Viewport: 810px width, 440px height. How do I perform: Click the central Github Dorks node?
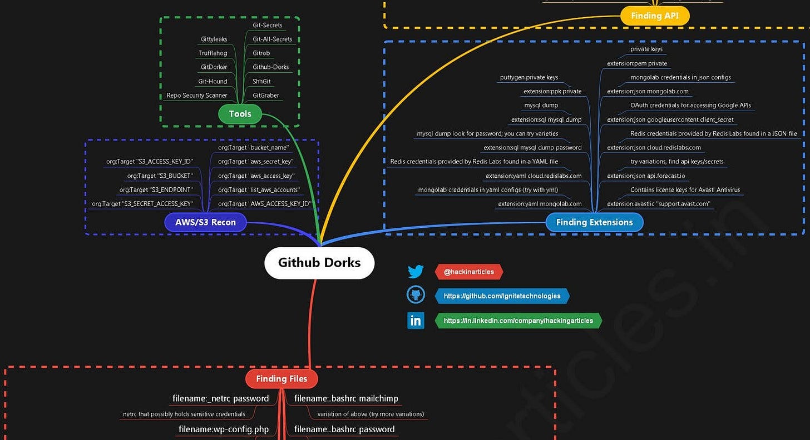tap(319, 263)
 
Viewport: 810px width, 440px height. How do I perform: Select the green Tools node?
tap(240, 114)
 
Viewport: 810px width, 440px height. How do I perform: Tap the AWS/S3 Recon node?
tap(205, 222)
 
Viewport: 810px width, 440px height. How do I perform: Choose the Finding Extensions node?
tap(594, 222)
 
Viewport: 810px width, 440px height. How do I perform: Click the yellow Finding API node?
tap(655, 16)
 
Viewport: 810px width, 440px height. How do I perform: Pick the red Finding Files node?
tap(281, 379)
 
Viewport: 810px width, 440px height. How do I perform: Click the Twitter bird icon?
tap(416, 272)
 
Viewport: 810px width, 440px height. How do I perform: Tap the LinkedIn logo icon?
tap(416, 321)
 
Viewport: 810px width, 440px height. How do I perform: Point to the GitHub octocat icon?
tap(416, 296)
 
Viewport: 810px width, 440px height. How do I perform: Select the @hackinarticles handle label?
tap(468, 272)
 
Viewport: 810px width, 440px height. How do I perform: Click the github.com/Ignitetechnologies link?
tap(502, 296)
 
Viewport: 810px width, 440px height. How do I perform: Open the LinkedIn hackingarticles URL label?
tap(518, 321)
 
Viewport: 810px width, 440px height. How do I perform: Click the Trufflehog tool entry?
tap(213, 53)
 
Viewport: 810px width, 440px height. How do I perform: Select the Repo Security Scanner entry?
tap(196, 96)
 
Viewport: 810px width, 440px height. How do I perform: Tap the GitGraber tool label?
tap(266, 96)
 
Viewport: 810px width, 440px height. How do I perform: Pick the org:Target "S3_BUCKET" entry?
tap(160, 176)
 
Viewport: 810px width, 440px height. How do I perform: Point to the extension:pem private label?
tap(637, 63)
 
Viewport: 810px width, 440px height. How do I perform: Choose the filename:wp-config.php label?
tap(223, 429)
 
